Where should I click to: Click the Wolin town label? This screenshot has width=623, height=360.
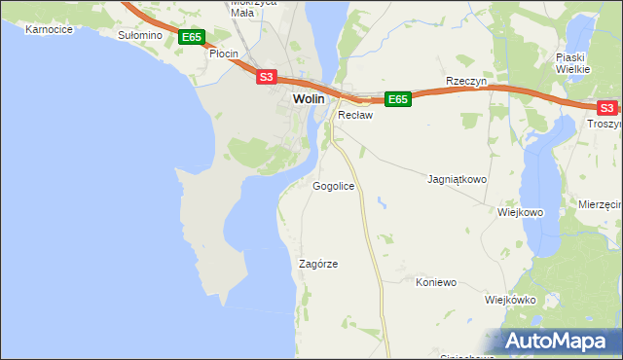coord(309,99)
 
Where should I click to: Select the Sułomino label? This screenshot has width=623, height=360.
coord(138,35)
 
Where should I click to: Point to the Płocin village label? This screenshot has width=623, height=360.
coord(224,54)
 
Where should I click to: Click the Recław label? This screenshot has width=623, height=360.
coord(355,115)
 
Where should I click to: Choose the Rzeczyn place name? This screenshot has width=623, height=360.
coord(464,82)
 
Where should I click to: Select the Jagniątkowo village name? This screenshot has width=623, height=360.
coord(457,180)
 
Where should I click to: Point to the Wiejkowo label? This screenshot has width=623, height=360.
coord(520,212)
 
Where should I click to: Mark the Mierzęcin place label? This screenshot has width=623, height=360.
coord(599,205)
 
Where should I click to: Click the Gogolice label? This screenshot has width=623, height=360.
coord(333,186)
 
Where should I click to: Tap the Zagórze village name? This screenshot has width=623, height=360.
coord(318,264)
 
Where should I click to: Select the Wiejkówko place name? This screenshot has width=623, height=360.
coord(510,300)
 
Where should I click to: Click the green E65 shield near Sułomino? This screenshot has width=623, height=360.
coord(192,37)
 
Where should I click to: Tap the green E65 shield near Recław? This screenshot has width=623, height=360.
coord(397,99)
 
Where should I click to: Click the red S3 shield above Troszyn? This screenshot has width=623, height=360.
coord(606,108)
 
